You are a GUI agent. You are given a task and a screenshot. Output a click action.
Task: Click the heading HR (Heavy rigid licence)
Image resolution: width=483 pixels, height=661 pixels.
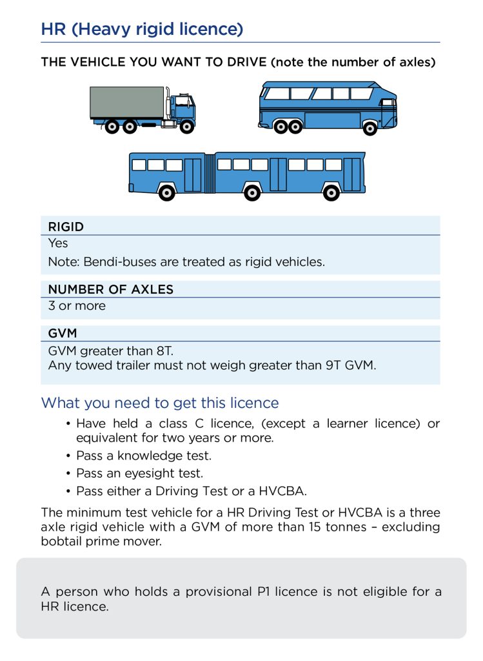click(x=142, y=29)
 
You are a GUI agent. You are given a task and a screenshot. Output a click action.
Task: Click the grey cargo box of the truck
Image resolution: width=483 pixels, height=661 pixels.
click(x=126, y=102)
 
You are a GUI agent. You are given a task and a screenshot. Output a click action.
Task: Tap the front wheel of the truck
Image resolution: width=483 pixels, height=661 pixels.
click(x=187, y=127)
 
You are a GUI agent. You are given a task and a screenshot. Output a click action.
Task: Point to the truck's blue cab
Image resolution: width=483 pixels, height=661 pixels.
click(x=182, y=107)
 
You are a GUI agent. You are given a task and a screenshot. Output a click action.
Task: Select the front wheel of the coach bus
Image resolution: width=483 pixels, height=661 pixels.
click(x=370, y=128)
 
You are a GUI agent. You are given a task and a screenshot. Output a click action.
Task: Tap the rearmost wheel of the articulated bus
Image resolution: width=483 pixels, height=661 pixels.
click(x=166, y=192)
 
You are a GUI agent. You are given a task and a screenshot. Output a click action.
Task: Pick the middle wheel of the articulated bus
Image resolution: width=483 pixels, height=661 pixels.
click(x=251, y=192)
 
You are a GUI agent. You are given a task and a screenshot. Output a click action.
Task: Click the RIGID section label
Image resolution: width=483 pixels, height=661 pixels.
click(x=66, y=227)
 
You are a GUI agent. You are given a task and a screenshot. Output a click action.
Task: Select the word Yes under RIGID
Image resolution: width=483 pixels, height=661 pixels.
click(x=57, y=244)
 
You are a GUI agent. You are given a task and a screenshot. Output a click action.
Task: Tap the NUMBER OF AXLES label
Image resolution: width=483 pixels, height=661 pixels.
click(x=110, y=289)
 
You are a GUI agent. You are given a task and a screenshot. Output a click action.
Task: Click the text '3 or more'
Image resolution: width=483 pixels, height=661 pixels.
click(x=77, y=306)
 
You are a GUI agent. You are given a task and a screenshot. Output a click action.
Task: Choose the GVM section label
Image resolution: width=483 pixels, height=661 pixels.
click(x=62, y=333)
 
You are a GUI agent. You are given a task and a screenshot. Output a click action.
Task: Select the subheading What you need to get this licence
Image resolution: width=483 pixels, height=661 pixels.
click(x=160, y=403)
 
